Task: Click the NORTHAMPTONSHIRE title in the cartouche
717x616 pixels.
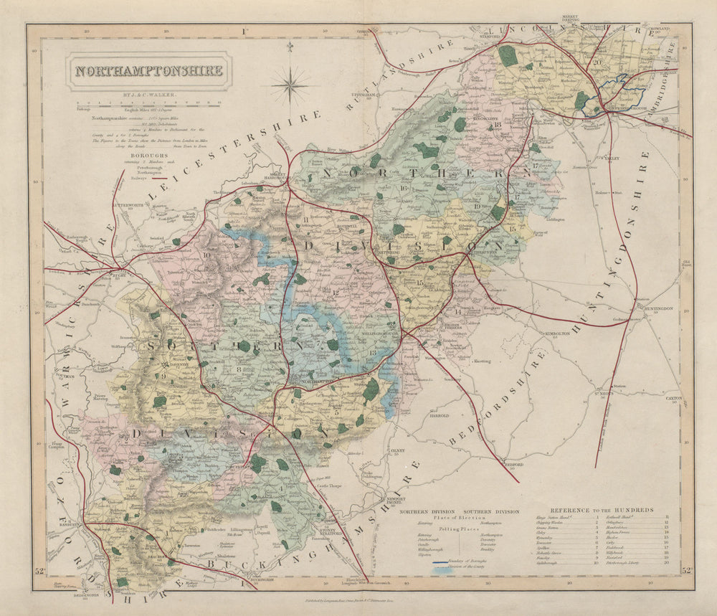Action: (x=149, y=71)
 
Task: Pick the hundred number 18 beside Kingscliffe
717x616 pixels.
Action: (x=497, y=125)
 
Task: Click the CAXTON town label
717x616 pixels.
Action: (x=674, y=397)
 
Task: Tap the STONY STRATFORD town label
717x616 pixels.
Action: (x=331, y=530)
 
